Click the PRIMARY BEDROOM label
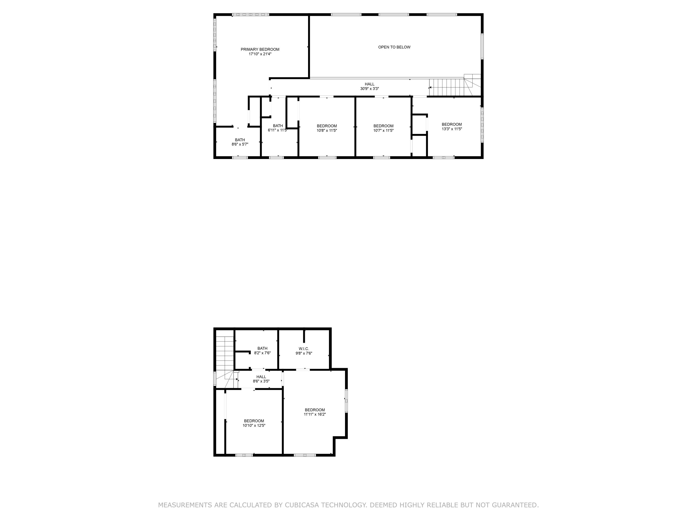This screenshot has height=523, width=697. tap(260, 50)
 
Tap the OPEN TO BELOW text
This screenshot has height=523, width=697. tap(394, 47)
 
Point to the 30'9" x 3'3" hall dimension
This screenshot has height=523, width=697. tap(369, 89)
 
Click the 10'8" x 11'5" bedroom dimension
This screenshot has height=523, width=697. tap(327, 130)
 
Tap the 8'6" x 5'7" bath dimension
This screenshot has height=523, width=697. tap(240, 144)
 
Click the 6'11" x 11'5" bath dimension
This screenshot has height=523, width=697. tap(277, 130)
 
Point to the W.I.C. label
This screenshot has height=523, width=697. tap(304, 349)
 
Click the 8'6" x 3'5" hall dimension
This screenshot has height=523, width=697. tap(261, 381)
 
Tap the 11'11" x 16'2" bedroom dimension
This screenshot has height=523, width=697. tap(315, 414)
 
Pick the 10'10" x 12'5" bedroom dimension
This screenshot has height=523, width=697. tap(254, 425)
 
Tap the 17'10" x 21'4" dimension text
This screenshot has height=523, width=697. tap(260, 54)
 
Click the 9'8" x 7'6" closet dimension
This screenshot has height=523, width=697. tap(304, 353)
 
